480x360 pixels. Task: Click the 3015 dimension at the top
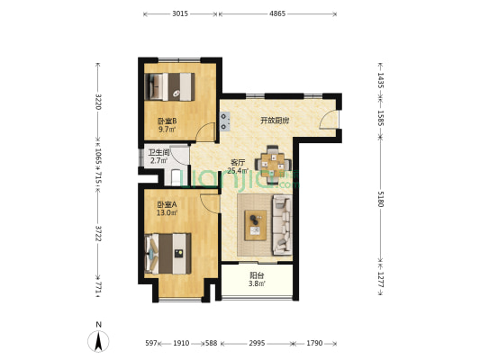[180, 13]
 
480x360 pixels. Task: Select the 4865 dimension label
[277, 13]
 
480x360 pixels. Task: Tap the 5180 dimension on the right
[380, 199]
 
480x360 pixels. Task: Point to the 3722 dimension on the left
[98, 233]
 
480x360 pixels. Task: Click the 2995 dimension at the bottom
[257, 343]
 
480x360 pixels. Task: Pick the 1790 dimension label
[314, 343]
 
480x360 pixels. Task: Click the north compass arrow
[98, 342]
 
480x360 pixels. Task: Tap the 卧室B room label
[167, 121]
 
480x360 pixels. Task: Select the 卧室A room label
[167, 204]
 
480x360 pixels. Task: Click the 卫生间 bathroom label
[158, 152]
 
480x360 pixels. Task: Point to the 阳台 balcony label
[257, 275]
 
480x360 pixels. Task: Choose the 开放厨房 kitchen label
[275, 121]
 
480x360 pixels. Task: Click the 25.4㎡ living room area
[237, 171]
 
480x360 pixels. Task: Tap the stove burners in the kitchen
[225, 121]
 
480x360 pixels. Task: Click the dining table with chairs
[273, 164]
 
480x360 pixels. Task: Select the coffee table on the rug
[255, 225]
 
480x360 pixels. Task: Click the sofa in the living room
[282, 225]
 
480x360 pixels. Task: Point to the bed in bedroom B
[169, 86]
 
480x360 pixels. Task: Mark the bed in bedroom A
[168, 254]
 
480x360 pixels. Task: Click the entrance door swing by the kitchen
[329, 120]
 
